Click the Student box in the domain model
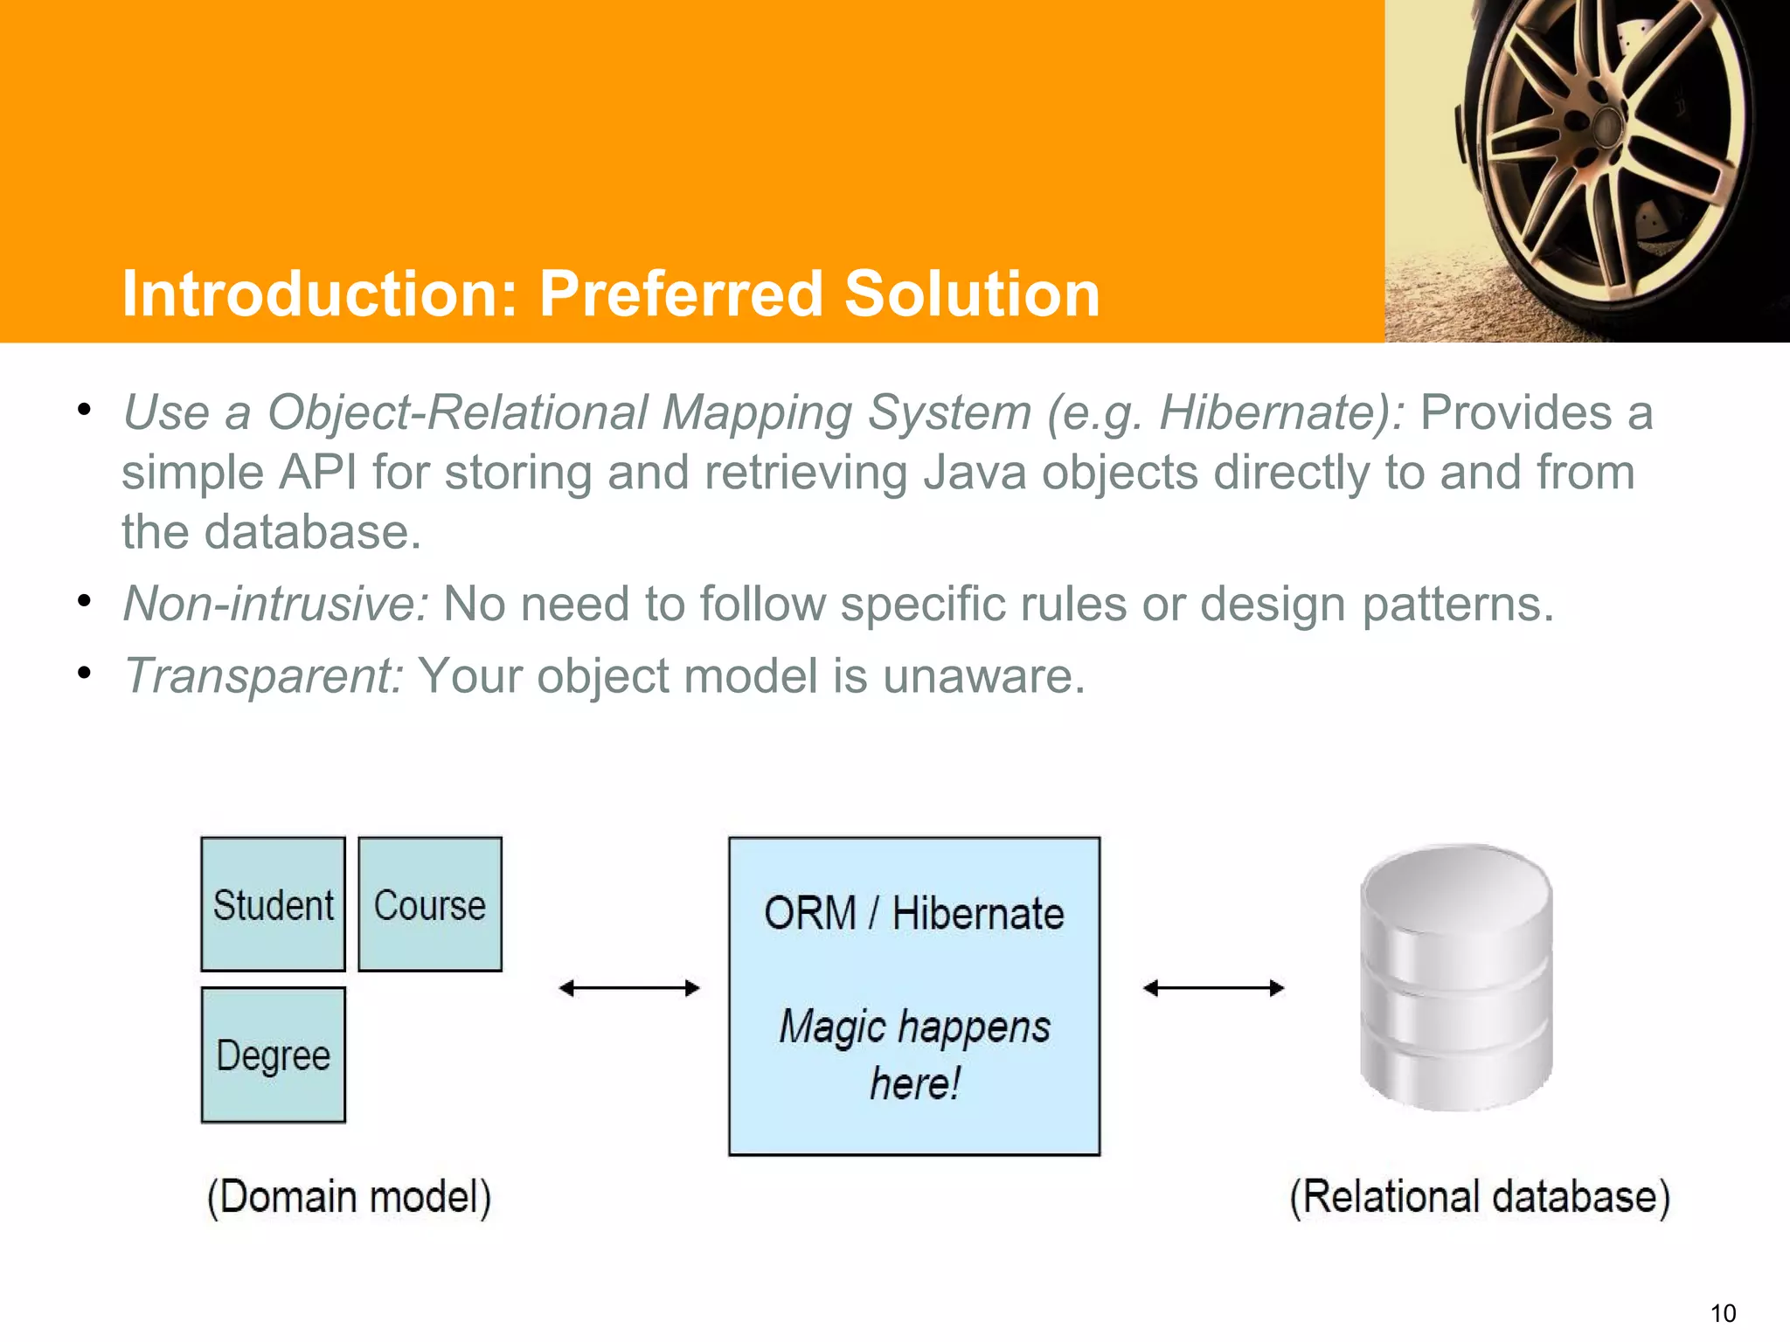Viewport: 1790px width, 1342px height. click(x=273, y=904)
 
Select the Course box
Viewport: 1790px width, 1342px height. click(x=430, y=904)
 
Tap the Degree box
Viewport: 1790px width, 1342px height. click(x=273, y=1055)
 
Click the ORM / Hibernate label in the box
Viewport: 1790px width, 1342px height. click(x=914, y=914)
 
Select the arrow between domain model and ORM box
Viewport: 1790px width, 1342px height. click(x=629, y=988)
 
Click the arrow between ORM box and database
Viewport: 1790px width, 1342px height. click(x=1213, y=988)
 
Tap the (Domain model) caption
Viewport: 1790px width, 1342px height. click(x=349, y=1197)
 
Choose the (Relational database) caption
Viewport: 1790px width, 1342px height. click(x=1480, y=1197)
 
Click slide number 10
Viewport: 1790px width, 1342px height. click(x=1723, y=1313)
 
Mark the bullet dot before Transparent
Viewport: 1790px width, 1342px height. click(x=84, y=673)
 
